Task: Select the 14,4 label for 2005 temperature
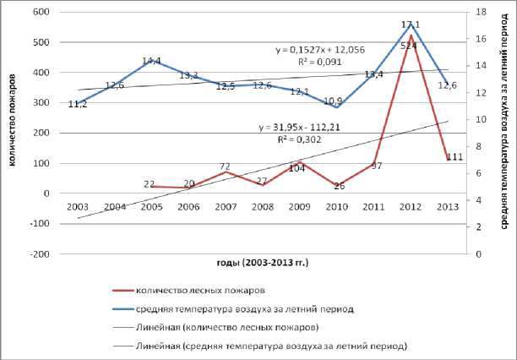pyautogui.click(x=151, y=61)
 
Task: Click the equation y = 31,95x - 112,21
pyautogui.click(x=301, y=128)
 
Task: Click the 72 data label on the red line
pyautogui.click(x=226, y=166)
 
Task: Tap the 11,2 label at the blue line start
pyautogui.click(x=78, y=104)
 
